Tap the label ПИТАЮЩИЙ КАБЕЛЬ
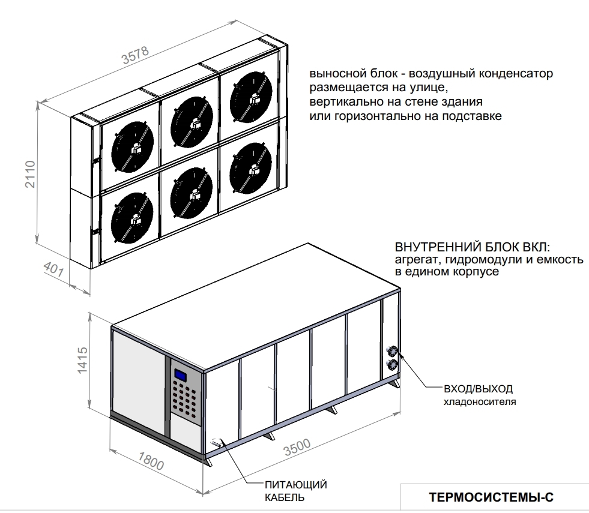click(x=295, y=491)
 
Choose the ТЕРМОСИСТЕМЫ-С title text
click(x=492, y=497)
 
